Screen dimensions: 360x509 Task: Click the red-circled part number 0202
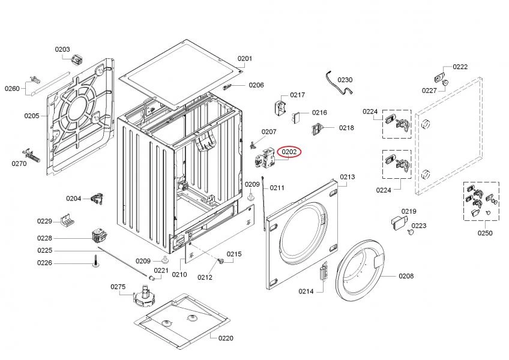pyautogui.click(x=289, y=152)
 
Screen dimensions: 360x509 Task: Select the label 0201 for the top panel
pyautogui.click(x=245, y=58)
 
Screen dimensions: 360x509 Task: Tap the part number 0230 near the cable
pyautogui.click(x=345, y=80)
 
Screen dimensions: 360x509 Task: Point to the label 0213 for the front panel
pyautogui.click(x=348, y=177)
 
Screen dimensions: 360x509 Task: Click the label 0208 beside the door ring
pyautogui.click(x=406, y=276)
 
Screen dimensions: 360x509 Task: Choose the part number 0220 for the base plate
pyautogui.click(x=225, y=338)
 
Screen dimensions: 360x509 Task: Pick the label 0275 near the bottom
pyautogui.click(x=118, y=287)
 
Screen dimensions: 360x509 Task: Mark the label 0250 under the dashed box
pyautogui.click(x=485, y=233)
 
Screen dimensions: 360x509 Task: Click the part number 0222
pyautogui.click(x=460, y=67)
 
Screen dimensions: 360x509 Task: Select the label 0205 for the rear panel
pyautogui.click(x=32, y=116)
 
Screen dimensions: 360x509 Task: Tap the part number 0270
pyautogui.click(x=19, y=163)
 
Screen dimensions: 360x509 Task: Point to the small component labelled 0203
pyautogui.click(x=76, y=59)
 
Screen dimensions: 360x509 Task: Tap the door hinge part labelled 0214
pyautogui.click(x=324, y=273)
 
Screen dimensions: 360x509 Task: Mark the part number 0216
pyautogui.click(x=319, y=113)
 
